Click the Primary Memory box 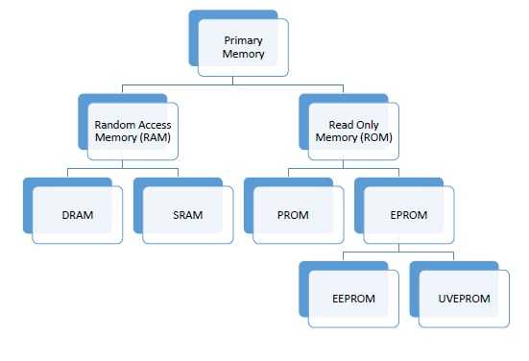click(243, 49)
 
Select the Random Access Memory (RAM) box click(132, 132)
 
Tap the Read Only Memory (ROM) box click(354, 132)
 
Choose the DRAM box click(77, 215)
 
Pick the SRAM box click(187, 215)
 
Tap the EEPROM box click(354, 299)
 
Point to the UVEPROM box click(466, 299)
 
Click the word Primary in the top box click(243, 41)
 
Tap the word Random click(114, 125)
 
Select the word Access click(151, 125)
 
